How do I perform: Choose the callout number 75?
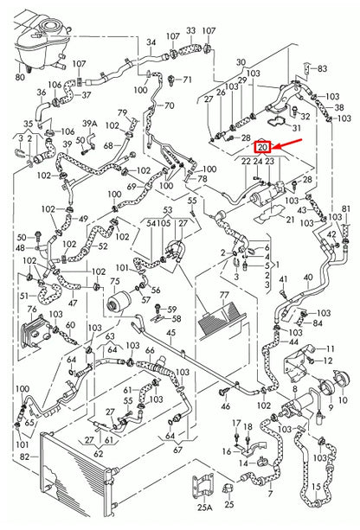coord(114,282)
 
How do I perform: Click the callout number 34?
coord(151,42)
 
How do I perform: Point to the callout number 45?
coord(170,333)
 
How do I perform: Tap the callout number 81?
coord(347,210)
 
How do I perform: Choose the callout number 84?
coord(317,323)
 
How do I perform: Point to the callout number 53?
coord(168,209)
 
